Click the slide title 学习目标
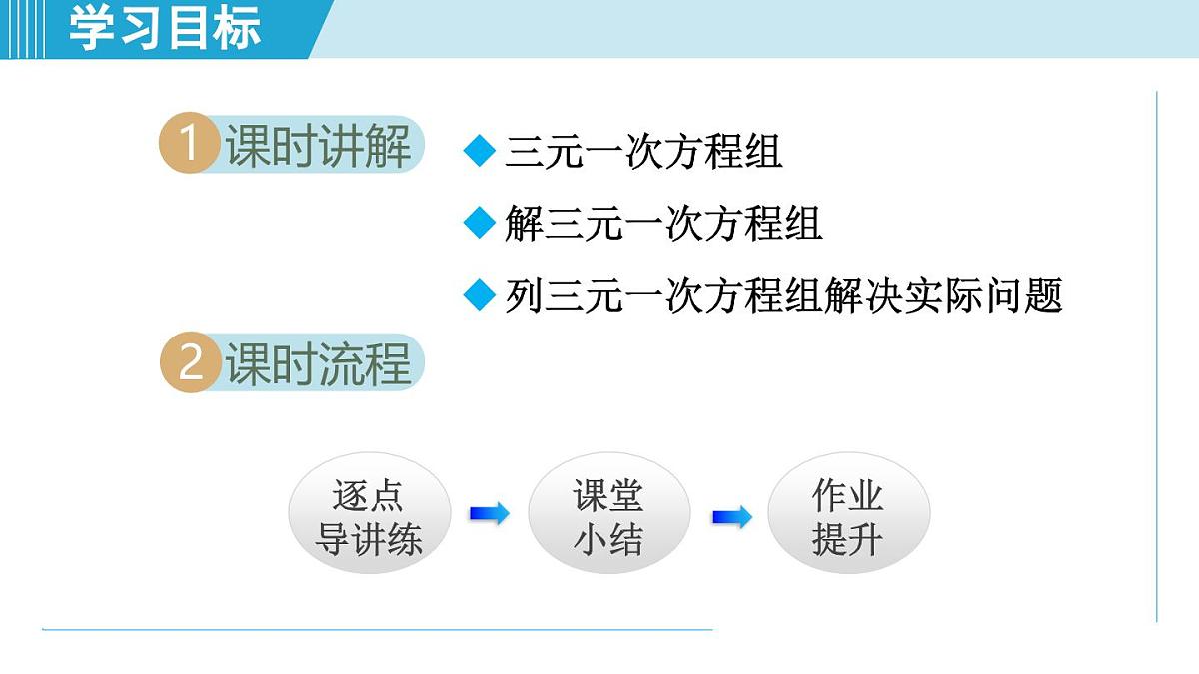click(165, 28)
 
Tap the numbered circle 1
click(188, 145)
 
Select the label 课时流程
click(318, 363)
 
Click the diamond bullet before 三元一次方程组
click(481, 152)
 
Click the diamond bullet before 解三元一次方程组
click(481, 223)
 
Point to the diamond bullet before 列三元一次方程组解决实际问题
click(481, 295)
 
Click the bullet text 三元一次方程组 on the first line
click(643, 152)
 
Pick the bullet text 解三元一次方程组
click(663, 223)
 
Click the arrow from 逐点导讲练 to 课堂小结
click(489, 514)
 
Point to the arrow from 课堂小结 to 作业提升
click(731, 517)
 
